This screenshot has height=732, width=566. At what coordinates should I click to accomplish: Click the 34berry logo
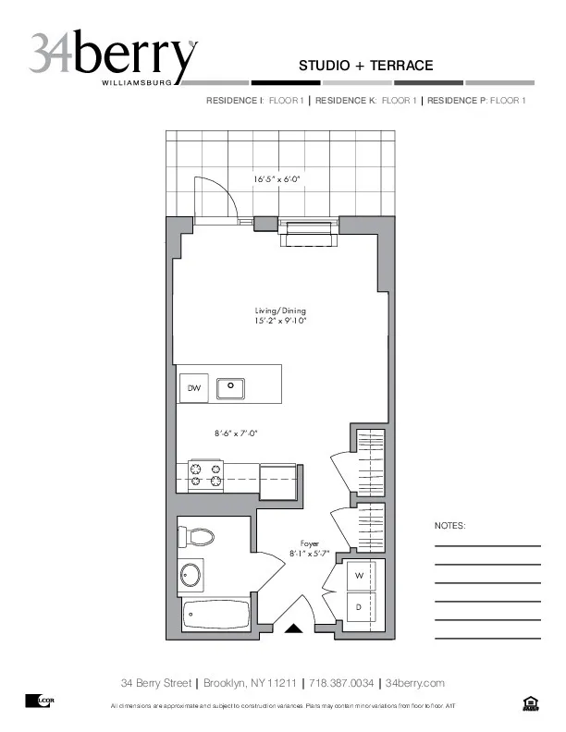(x=113, y=57)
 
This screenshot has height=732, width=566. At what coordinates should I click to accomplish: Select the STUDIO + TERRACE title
(x=365, y=66)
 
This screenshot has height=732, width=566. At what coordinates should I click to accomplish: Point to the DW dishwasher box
(x=192, y=388)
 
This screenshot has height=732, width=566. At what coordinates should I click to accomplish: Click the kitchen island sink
(x=230, y=388)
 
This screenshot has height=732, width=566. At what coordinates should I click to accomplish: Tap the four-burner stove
(x=206, y=475)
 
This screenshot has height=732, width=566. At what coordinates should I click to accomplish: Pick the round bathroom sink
(x=191, y=575)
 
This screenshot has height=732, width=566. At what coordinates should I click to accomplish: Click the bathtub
(x=215, y=613)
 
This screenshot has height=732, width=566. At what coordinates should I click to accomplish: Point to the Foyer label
(x=309, y=543)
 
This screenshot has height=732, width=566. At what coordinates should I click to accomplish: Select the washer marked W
(x=359, y=576)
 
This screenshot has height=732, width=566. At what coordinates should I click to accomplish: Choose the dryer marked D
(x=359, y=606)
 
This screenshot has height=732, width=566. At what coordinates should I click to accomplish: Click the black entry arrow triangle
(x=293, y=629)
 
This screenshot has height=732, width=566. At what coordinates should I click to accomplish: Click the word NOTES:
(x=449, y=525)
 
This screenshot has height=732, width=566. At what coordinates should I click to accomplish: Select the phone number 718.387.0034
(x=341, y=683)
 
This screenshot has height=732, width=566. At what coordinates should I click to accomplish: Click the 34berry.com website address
(x=414, y=683)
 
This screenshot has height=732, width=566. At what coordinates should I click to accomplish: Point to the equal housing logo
(x=530, y=704)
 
